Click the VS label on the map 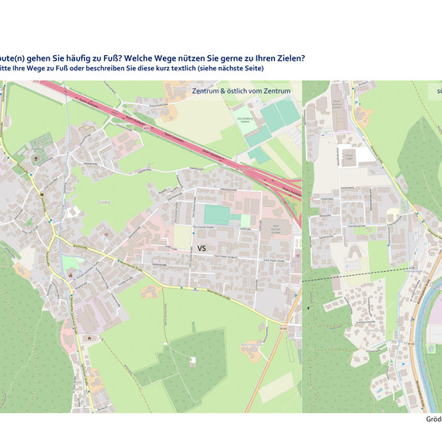[x=202, y=249]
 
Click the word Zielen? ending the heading [x=286, y=58]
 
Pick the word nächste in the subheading [x=227, y=70]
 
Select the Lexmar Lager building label [x=349, y=156]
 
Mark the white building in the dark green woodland [x=193, y=360]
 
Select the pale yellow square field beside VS [x=183, y=237]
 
